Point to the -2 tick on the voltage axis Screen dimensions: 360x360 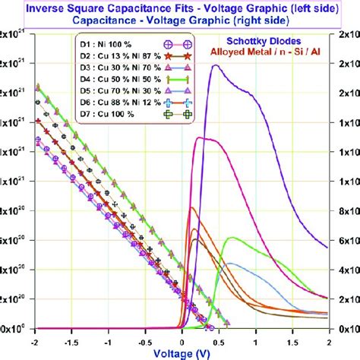[35, 339]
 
